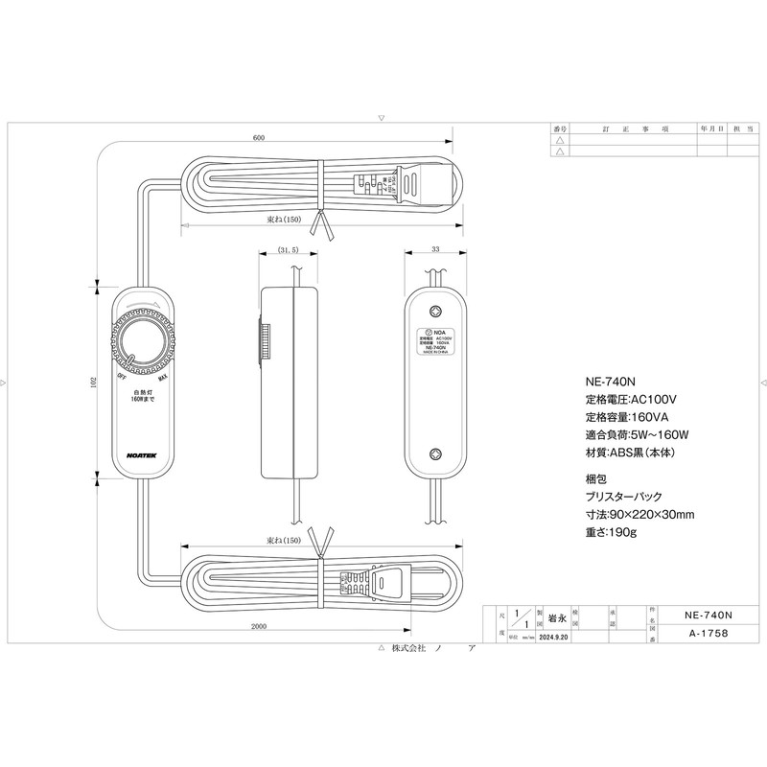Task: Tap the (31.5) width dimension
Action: pyautogui.click(x=288, y=249)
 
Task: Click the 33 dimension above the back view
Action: pyautogui.click(x=435, y=249)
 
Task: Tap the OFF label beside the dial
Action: pyautogui.click(x=122, y=377)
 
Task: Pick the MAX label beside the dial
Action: pyautogui.click(x=163, y=377)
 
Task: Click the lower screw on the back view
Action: pyautogui.click(x=436, y=456)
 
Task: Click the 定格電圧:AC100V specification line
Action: pyautogui.click(x=631, y=398)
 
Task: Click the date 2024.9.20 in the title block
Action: pyautogui.click(x=554, y=636)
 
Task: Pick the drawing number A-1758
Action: pyautogui.click(x=709, y=634)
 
